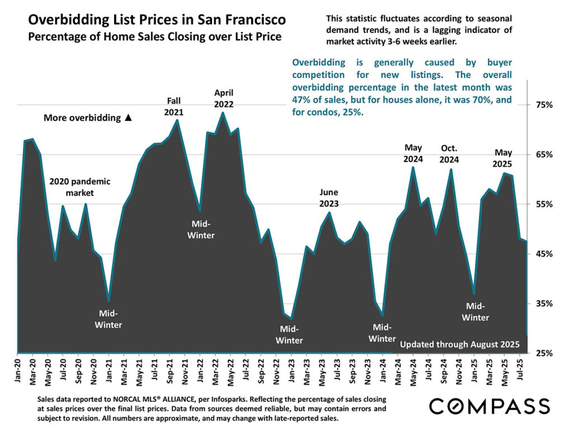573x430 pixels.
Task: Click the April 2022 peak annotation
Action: [x=223, y=98]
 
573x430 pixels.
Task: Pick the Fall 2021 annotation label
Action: [x=174, y=106]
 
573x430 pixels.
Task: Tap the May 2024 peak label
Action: [x=413, y=153]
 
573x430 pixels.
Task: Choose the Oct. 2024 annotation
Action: [x=449, y=153]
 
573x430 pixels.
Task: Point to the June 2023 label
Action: [x=328, y=198]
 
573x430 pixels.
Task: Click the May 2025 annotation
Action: [x=502, y=158]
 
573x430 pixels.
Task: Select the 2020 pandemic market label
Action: [x=79, y=187]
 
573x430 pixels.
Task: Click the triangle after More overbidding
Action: [x=128, y=118]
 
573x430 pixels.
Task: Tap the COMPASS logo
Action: [x=489, y=405]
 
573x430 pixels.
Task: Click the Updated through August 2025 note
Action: [x=460, y=343]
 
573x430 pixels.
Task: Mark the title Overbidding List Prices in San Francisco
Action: [x=157, y=20]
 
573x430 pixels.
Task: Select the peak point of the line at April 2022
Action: [x=223, y=113]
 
